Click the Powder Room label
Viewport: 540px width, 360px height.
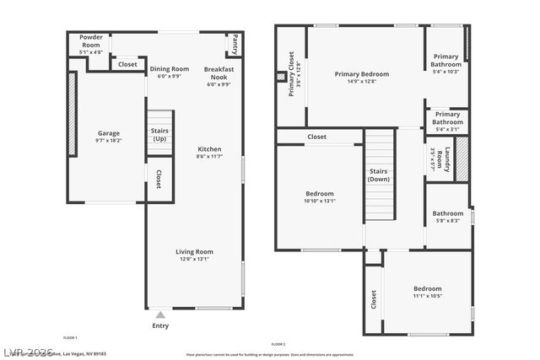90,40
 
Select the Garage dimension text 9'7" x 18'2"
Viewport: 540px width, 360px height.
108,141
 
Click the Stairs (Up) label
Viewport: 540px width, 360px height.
159,135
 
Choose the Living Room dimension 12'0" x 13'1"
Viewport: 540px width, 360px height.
194,260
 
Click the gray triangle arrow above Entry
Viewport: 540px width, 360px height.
160,315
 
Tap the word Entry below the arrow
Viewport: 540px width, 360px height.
160,325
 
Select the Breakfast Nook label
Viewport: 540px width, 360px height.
219,73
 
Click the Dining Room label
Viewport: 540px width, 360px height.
170,69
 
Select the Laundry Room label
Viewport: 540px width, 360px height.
437,159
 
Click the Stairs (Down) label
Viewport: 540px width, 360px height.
379,175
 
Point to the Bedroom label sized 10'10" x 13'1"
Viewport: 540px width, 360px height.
319,193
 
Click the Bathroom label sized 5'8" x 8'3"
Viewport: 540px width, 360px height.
448,213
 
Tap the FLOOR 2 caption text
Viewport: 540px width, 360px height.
278,344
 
